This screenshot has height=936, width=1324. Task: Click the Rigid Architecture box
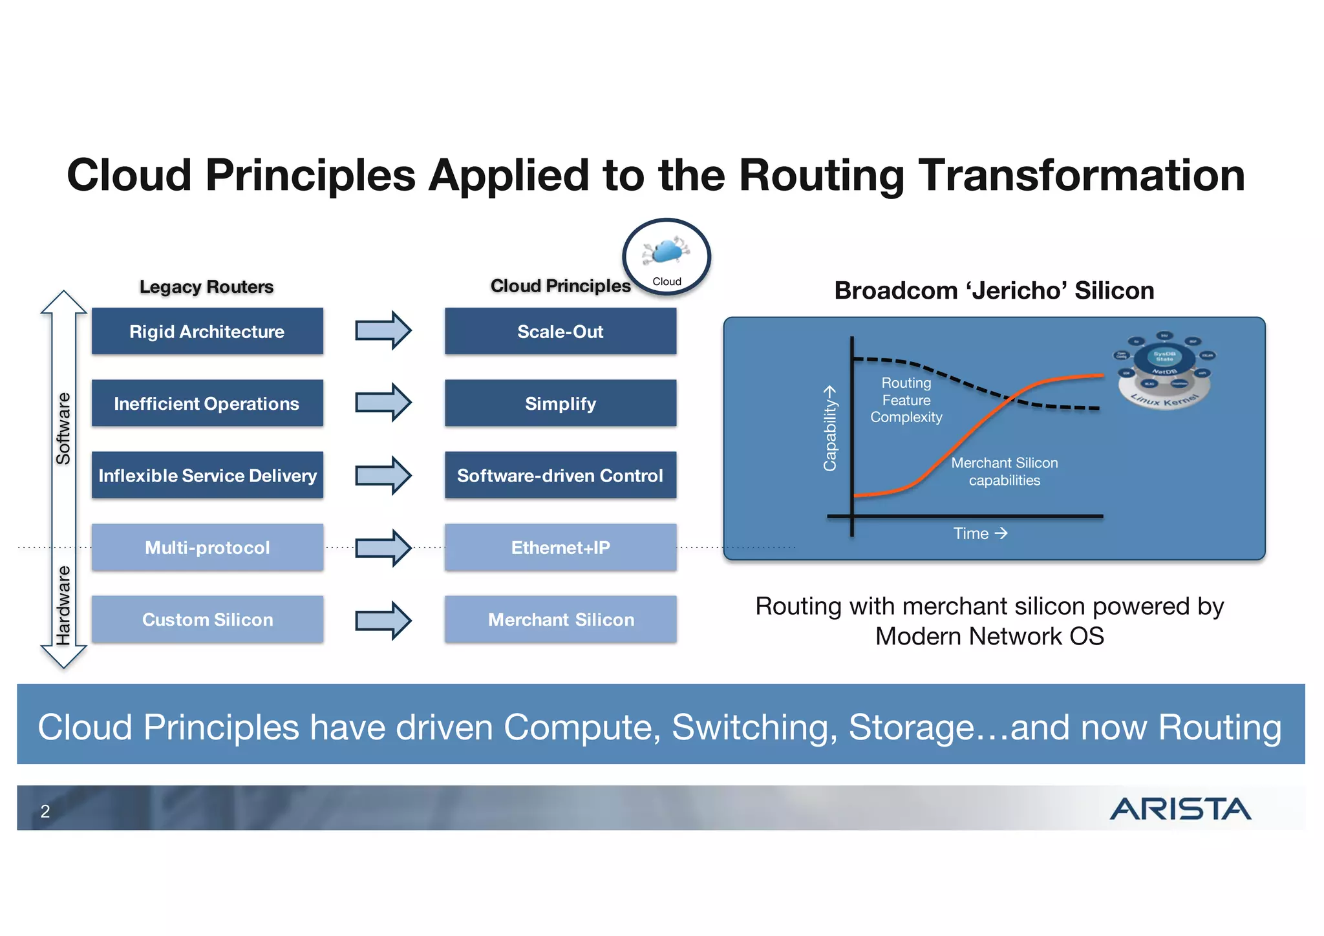point(207,332)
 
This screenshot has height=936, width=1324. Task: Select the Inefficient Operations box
point(207,403)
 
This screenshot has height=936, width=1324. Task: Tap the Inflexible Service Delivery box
point(207,476)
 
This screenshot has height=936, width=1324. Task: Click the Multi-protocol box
point(207,548)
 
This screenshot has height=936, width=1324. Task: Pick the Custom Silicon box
point(207,619)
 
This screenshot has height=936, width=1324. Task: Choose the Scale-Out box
point(561,332)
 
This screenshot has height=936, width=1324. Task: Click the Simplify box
point(561,403)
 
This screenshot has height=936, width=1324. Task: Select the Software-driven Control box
point(561,476)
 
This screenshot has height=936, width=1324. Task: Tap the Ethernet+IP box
point(561,548)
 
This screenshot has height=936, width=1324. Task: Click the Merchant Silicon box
point(561,619)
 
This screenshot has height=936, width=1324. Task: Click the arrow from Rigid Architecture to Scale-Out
point(383,330)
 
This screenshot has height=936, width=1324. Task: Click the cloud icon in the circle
point(667,252)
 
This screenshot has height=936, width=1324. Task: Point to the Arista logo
point(1180,809)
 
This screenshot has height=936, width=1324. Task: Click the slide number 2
point(45,811)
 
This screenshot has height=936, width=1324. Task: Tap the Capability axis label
point(830,429)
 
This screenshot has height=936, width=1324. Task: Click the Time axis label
point(979,533)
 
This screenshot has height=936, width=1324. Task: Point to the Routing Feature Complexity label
point(906,400)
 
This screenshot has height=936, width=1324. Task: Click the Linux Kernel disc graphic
point(1164,371)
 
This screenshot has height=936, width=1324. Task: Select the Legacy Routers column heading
point(206,286)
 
